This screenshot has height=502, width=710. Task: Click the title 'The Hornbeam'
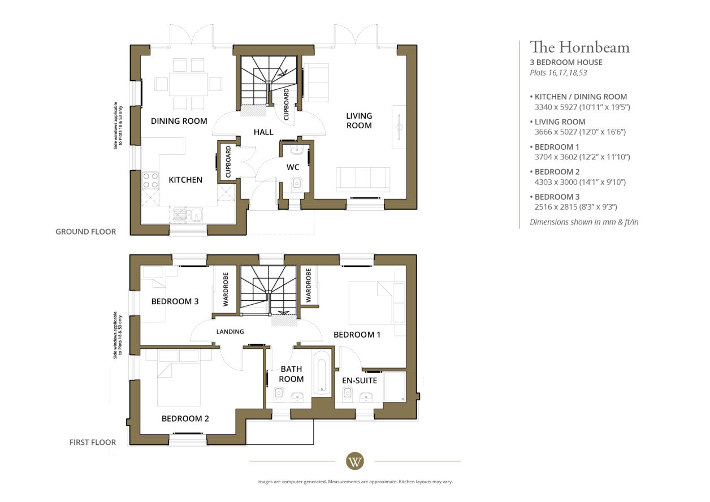(x=580, y=47)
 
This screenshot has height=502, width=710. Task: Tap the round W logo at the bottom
(x=354, y=461)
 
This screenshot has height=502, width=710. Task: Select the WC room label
(x=293, y=167)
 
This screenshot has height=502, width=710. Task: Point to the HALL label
(x=263, y=132)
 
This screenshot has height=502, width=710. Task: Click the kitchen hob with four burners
(x=150, y=180)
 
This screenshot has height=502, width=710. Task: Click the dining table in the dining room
(x=188, y=84)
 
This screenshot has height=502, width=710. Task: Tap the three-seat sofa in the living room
(x=363, y=179)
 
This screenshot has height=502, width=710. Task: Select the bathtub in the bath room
(x=322, y=373)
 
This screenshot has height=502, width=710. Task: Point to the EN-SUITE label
(x=360, y=380)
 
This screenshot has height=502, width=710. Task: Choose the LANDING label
(x=230, y=331)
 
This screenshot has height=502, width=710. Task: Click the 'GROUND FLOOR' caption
(x=85, y=232)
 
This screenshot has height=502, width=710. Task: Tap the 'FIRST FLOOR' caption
(x=93, y=442)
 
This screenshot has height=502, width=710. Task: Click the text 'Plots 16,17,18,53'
(x=558, y=73)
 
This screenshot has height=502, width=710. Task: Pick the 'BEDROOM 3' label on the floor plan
(x=175, y=301)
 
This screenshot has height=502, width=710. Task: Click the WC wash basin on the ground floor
(x=296, y=150)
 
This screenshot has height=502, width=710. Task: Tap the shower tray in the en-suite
(x=395, y=386)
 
